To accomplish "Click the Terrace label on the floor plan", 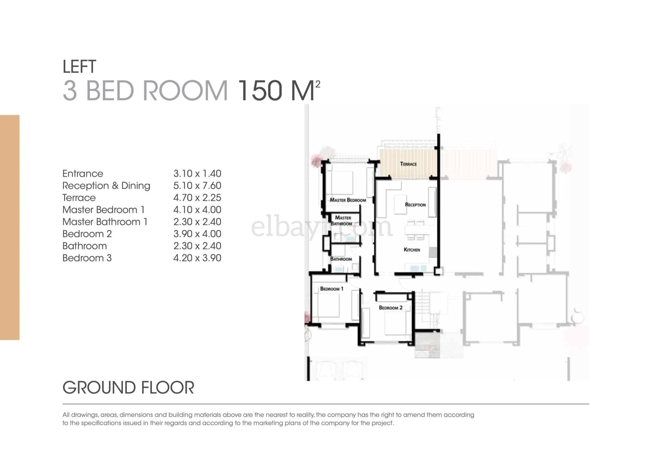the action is click(x=408, y=164).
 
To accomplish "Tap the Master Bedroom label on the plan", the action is click(x=348, y=200).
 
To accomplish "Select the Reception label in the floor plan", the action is click(x=415, y=205).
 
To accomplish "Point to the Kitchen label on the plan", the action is click(x=412, y=249).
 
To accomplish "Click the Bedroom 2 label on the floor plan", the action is click(x=391, y=308).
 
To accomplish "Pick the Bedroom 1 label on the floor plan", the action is click(x=332, y=288).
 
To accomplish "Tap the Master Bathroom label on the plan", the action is click(x=342, y=221).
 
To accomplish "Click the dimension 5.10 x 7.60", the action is click(x=197, y=186).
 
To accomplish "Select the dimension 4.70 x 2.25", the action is click(x=197, y=197).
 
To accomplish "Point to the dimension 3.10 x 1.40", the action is click(x=197, y=174).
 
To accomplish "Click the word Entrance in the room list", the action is click(x=83, y=174).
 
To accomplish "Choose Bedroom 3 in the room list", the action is click(x=87, y=258).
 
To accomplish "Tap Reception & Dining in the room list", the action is click(x=106, y=186).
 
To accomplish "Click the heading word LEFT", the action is click(x=79, y=66).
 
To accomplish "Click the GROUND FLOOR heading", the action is click(x=128, y=388).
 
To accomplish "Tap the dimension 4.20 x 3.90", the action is click(x=197, y=258).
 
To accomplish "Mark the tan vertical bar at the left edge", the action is click(x=10, y=228).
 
